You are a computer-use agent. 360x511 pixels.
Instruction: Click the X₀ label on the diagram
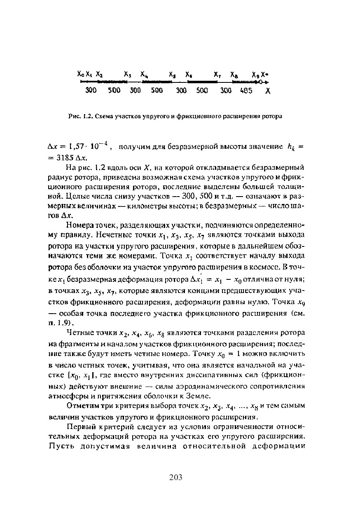81,75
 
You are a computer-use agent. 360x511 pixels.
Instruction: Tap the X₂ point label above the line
99,75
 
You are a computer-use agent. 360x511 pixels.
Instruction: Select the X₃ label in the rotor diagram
128,75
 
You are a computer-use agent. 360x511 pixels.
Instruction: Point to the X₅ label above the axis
173,75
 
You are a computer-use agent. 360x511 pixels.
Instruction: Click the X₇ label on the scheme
217,75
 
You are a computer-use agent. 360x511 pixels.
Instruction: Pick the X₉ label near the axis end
256,75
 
